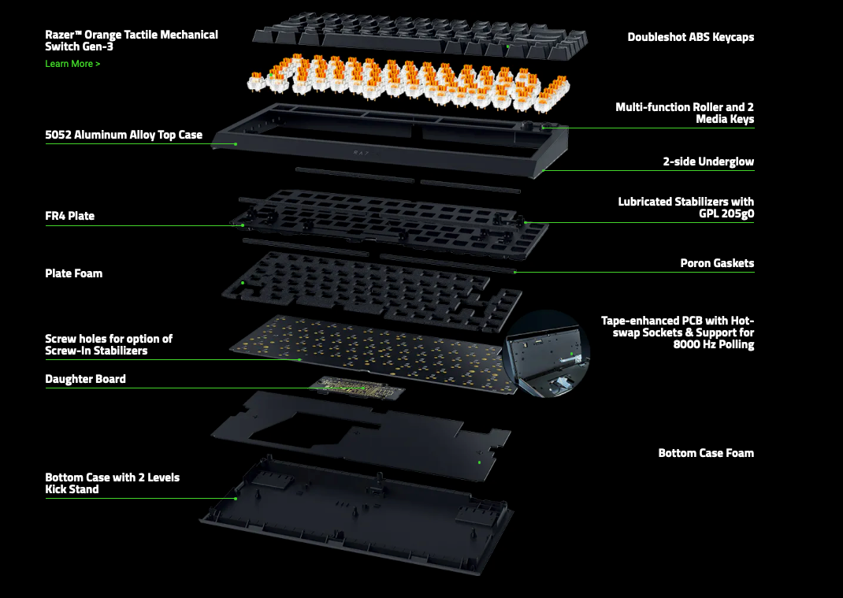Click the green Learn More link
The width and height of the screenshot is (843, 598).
tap(72, 64)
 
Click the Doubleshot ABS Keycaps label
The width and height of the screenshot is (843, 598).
tap(690, 37)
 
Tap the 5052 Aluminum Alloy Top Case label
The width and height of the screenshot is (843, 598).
tap(124, 135)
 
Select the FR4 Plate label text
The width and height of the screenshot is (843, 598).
tap(69, 216)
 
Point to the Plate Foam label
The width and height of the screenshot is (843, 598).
tap(73, 273)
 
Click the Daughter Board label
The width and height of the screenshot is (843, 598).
tap(85, 379)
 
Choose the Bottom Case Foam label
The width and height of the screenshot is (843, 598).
tap(706, 453)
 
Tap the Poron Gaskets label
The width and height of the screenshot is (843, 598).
tap(717, 263)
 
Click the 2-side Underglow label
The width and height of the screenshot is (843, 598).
tap(708, 162)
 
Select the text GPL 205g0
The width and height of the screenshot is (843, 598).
tap(725, 214)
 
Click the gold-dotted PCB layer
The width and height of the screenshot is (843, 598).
tap(366, 347)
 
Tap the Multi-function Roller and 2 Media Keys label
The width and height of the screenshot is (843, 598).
tap(685, 113)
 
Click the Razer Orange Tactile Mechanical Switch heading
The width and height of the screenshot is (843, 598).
tap(132, 40)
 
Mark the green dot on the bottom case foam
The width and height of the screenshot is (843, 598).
tap(480, 462)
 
